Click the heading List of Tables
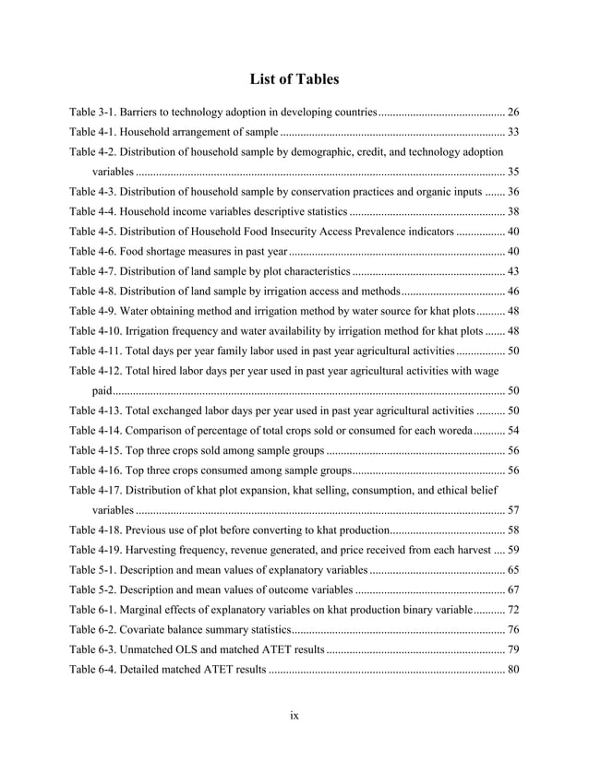tap(294, 79)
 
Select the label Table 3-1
tap(95, 113)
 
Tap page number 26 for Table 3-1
tap(513, 113)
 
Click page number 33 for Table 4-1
tap(513, 131)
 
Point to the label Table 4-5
tap(95, 231)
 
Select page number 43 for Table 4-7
tap(513, 271)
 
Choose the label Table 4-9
tap(95, 311)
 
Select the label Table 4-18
tap(98, 530)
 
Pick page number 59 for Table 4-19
tap(513, 550)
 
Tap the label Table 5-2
tap(95, 589)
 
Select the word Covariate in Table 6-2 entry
tap(149, 629)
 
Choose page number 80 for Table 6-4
tap(513, 669)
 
